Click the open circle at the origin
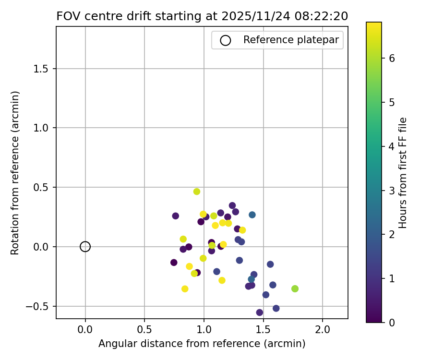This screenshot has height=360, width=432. click(85, 247)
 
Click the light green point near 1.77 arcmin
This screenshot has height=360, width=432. click(295, 288)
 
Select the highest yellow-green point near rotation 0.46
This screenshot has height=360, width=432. click(197, 192)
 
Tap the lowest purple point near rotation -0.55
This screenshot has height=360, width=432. click(260, 312)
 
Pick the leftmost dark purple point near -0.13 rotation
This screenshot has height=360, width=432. click(174, 263)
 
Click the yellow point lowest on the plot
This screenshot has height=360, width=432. click(185, 289)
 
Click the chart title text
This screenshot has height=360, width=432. click(202, 16)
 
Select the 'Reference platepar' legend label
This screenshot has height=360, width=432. click(291, 40)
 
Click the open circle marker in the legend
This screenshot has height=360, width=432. click(225, 40)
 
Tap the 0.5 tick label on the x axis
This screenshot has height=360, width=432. click(144, 330)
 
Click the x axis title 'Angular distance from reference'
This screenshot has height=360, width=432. click(202, 344)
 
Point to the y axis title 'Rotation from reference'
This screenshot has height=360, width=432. click(15, 173)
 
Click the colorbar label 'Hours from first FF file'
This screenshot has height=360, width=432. click(403, 173)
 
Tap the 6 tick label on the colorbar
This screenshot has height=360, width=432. click(392, 58)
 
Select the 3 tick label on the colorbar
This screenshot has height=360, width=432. click(392, 190)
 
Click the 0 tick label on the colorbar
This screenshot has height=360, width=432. click(392, 322)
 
